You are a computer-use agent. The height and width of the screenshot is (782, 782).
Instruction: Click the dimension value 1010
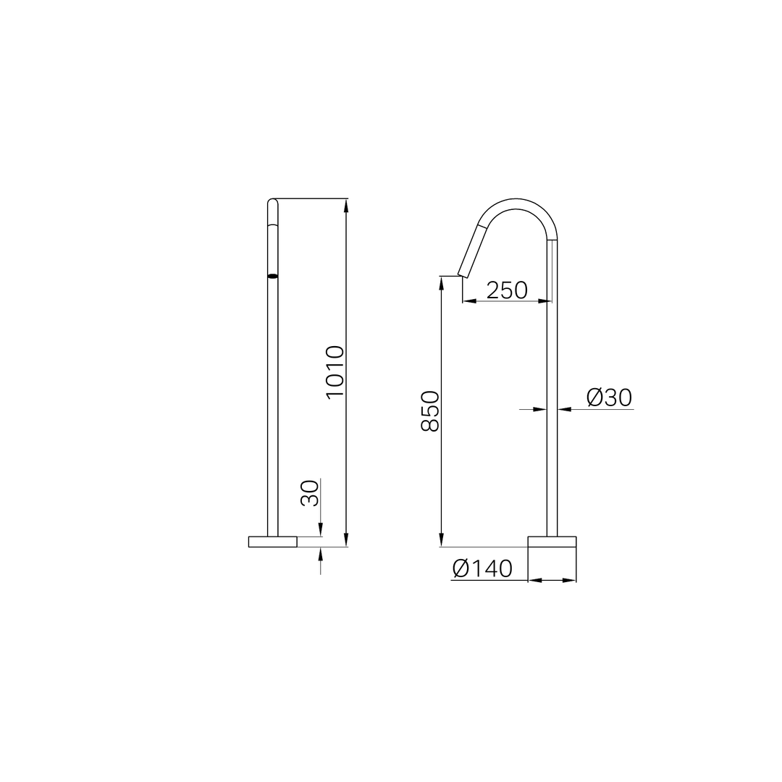(335, 371)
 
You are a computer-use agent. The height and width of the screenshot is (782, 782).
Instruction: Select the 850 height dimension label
(430, 411)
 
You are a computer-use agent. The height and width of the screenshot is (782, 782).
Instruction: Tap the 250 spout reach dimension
(507, 290)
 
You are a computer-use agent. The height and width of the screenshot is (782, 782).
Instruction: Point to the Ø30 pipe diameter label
(609, 398)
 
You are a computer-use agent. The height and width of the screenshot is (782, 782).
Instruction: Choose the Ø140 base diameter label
(482, 569)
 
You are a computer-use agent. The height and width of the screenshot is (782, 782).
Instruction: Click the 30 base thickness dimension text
(310, 493)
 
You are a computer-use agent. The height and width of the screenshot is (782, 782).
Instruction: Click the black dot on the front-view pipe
(273, 275)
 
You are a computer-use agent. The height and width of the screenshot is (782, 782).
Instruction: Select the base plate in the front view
(273, 542)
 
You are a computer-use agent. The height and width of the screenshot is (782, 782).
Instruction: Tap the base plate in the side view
(552, 542)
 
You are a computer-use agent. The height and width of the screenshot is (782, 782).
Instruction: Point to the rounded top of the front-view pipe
(273, 203)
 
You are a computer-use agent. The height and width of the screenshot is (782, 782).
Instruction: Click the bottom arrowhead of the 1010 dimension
(347, 540)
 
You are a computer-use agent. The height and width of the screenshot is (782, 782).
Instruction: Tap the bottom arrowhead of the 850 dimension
(441, 540)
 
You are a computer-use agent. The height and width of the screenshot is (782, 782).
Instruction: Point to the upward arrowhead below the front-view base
(321, 553)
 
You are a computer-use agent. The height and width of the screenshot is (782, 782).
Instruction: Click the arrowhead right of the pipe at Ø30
(564, 409)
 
